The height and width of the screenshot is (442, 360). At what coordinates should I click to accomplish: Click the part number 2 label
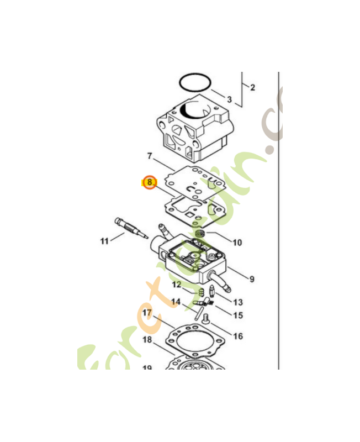(252, 87)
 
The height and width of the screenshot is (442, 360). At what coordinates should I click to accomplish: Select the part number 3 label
(229, 100)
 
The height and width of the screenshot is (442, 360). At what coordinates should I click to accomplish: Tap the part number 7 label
(150, 156)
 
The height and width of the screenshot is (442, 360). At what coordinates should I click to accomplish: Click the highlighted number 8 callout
(150, 181)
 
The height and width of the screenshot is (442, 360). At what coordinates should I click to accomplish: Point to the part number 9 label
(251, 279)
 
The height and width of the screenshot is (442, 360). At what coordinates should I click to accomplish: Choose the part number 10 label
(237, 242)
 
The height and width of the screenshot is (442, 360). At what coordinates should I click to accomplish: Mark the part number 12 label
(176, 285)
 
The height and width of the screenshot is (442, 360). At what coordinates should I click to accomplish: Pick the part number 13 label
(237, 302)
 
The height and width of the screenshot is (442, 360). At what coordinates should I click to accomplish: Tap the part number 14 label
(176, 302)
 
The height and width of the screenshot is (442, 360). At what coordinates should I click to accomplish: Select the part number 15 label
(238, 315)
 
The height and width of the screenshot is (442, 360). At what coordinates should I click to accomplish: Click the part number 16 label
(238, 335)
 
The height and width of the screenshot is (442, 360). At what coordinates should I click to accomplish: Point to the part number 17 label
(147, 313)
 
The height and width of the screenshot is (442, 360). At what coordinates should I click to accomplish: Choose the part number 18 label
(147, 339)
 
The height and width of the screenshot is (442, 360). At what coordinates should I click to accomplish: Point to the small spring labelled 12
(202, 291)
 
